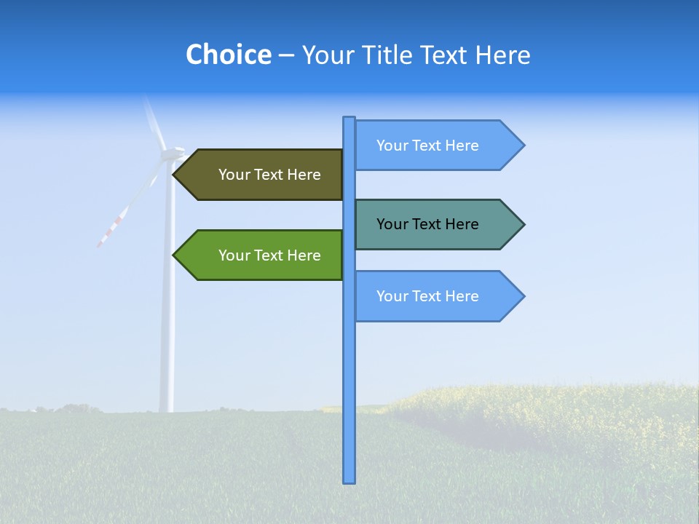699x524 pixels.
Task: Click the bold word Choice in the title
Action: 228,55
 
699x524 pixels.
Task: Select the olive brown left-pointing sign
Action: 262,175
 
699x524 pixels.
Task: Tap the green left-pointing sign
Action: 262,255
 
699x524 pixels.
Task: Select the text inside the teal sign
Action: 427,224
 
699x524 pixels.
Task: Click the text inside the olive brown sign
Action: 269,175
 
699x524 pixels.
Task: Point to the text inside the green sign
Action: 269,255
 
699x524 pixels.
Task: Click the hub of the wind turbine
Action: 171,154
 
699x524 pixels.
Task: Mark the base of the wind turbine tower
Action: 167,409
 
